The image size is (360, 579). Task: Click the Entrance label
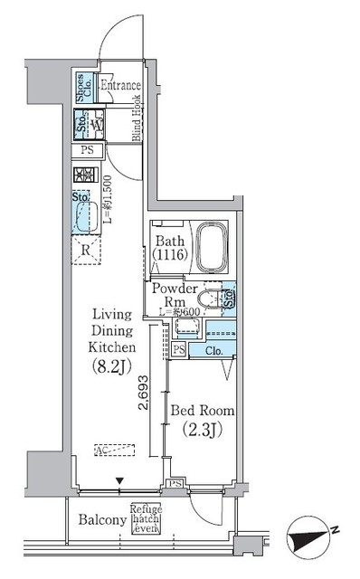(x=120, y=87)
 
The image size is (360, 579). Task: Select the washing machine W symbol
(x=95, y=126)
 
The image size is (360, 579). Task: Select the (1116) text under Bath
(x=171, y=257)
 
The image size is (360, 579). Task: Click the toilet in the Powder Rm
(x=208, y=298)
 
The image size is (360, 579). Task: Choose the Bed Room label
(x=202, y=411)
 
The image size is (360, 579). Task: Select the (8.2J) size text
(x=113, y=366)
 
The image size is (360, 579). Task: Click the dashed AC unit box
(x=116, y=450)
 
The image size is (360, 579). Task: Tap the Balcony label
(x=100, y=520)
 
